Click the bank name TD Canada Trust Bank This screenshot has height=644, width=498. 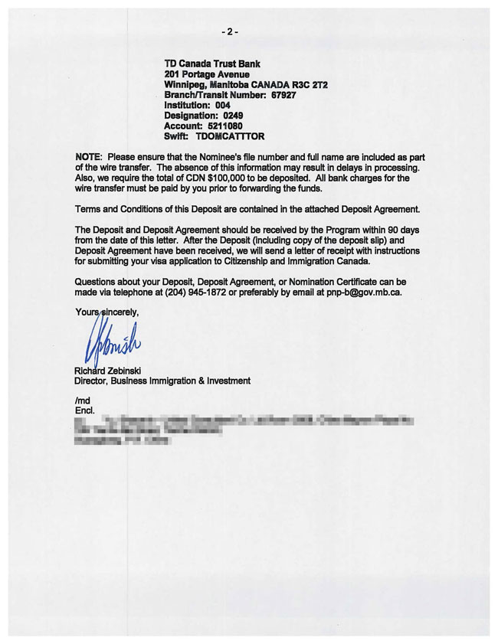point(212,64)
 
